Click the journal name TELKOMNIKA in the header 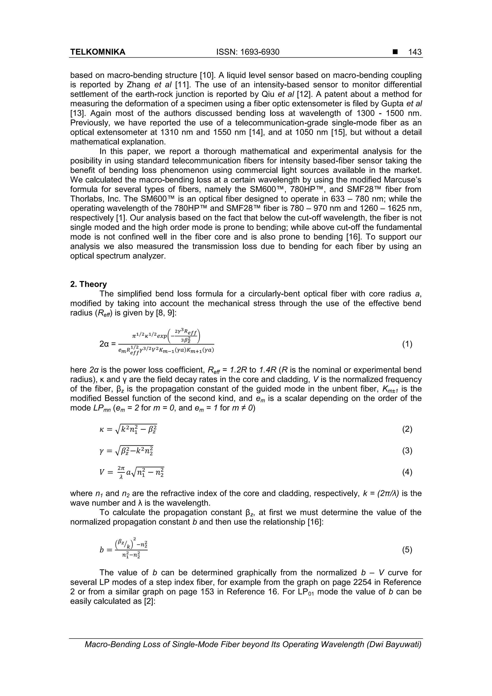98,52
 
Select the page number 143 415,52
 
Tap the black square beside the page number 395,52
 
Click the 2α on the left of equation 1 105,344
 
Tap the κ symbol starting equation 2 102,430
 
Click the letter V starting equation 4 102,472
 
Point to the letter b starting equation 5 102,550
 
